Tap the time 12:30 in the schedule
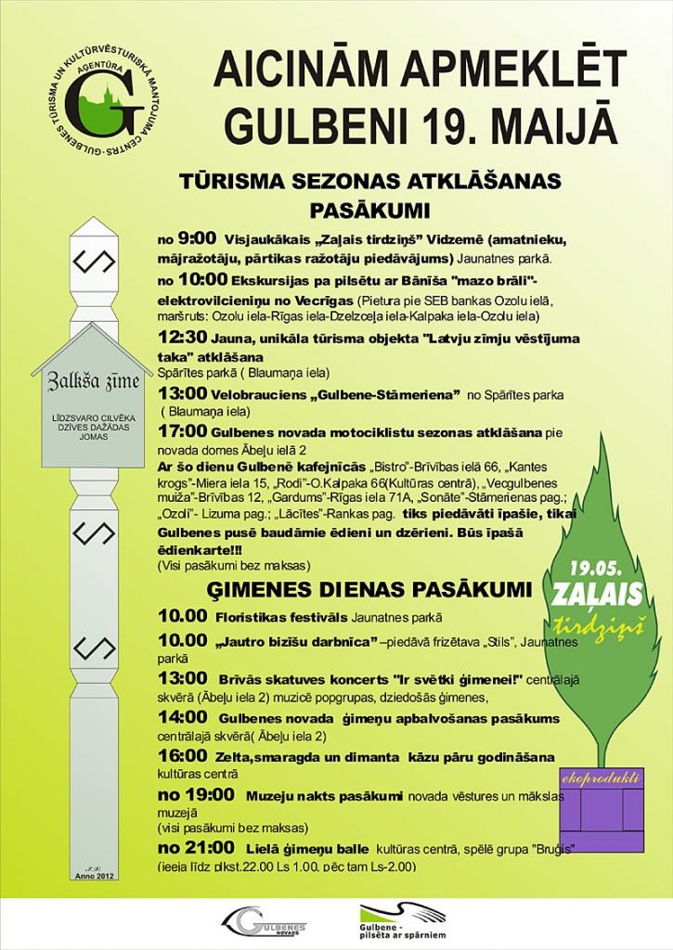click(186, 339)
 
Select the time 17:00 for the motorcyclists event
click(183, 432)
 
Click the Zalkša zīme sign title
click(86, 380)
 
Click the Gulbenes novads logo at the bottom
click(264, 922)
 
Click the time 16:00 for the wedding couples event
click(183, 755)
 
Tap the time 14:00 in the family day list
click(183, 717)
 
